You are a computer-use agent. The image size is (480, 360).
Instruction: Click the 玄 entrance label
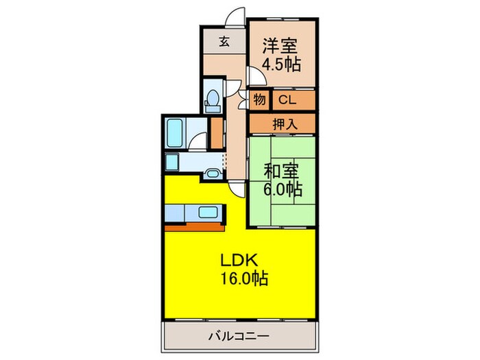pos(224,40)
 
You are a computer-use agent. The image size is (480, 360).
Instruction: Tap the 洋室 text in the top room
pos(279,46)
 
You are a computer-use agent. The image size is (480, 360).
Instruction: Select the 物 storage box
pos(259,100)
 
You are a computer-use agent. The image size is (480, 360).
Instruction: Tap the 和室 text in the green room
pos(280,168)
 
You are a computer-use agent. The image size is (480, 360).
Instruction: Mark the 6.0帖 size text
pos(283,187)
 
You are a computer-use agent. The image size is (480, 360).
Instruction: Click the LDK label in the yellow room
pos(239,261)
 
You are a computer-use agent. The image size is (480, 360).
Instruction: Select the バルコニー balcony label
pos(239,336)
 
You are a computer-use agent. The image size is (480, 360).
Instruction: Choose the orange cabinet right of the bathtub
pos(217,133)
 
